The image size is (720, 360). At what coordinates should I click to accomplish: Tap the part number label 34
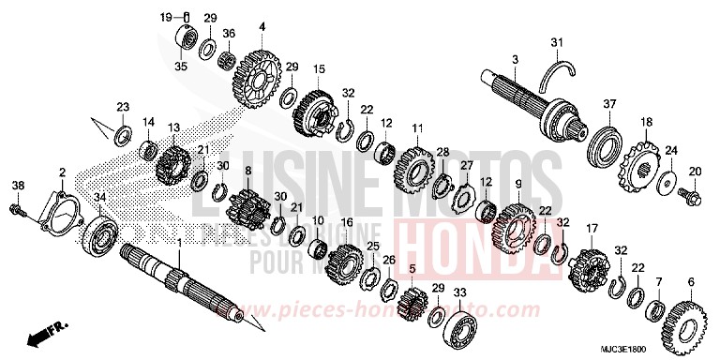click(x=100, y=196)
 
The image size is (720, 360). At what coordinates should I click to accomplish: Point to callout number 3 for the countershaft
click(x=515, y=61)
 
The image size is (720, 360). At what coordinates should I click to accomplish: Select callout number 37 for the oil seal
click(x=608, y=103)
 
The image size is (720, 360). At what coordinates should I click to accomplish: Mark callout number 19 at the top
click(x=165, y=17)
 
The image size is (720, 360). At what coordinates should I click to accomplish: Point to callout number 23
click(x=123, y=109)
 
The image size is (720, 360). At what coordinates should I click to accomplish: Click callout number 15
click(x=319, y=69)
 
